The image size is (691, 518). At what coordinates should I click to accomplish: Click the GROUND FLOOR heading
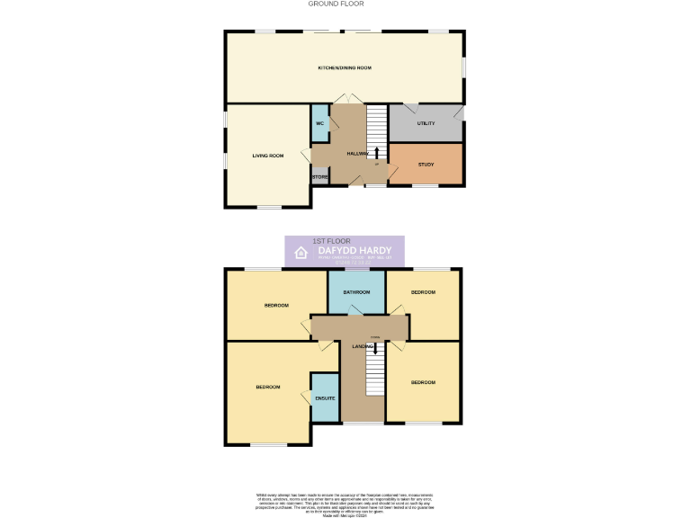(x=336, y=4)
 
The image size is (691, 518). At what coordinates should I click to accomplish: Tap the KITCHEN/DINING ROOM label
(x=345, y=68)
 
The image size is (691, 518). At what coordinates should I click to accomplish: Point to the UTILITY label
(x=426, y=123)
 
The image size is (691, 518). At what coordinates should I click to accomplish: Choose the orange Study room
(x=426, y=165)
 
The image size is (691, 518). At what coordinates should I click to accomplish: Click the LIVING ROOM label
(x=268, y=156)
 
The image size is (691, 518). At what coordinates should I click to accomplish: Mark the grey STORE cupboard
(x=319, y=177)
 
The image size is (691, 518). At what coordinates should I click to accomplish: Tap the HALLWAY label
(x=358, y=154)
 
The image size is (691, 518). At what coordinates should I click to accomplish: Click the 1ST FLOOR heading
(x=325, y=241)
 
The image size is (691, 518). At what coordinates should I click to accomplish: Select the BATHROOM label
(x=356, y=292)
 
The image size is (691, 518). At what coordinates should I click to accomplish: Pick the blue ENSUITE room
(x=325, y=397)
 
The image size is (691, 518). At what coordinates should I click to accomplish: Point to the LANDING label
(x=363, y=346)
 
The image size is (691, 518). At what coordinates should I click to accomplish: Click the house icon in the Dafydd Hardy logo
(x=302, y=254)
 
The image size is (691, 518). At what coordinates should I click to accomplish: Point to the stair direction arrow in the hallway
(x=376, y=152)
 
